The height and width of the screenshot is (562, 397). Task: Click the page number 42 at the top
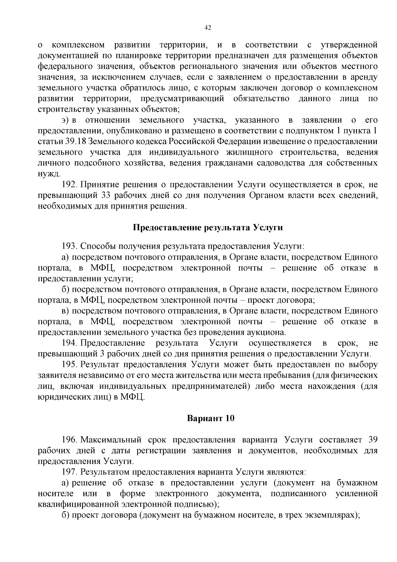tap(208, 28)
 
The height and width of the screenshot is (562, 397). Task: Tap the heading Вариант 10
tap(211, 418)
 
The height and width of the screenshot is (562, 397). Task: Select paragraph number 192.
tap(69, 184)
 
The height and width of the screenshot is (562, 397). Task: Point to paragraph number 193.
tap(69, 246)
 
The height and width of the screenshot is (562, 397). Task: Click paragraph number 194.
tap(69, 343)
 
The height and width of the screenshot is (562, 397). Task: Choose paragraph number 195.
tap(69, 364)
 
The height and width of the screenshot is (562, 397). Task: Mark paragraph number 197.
tap(69, 472)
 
